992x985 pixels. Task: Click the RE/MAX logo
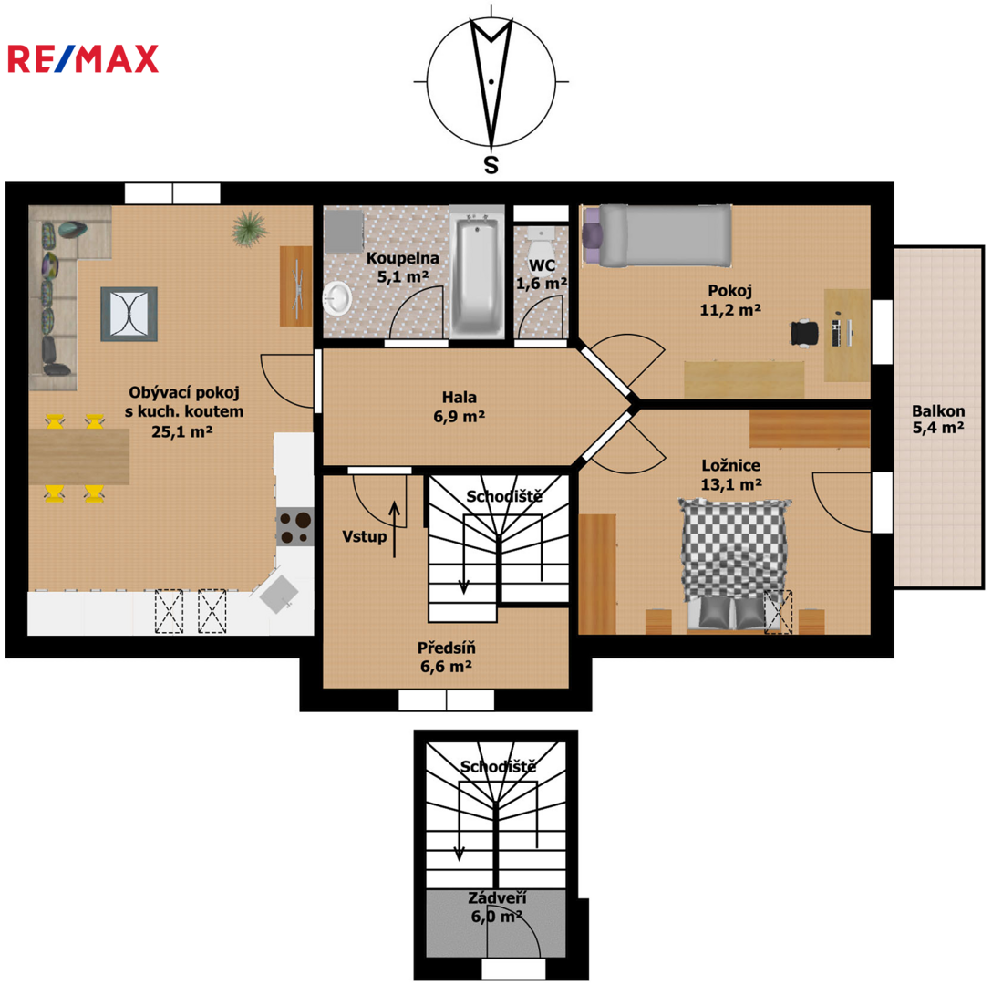coord(83,59)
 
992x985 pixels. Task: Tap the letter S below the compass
coord(491,165)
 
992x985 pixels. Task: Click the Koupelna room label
coord(402,258)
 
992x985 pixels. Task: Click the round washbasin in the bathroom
coord(338,298)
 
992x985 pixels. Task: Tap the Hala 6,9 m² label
coord(460,407)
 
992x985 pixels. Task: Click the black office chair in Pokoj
coord(804,332)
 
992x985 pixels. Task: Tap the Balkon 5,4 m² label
coord(938,419)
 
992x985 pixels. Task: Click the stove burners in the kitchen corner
coord(294,528)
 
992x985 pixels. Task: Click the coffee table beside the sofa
coord(129,314)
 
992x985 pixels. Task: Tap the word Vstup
coord(365,537)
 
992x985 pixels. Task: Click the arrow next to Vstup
coord(395,529)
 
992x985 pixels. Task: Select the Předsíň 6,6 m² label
coord(447,657)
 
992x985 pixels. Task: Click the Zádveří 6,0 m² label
coord(497,907)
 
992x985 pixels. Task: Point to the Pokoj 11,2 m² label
coord(730,300)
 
